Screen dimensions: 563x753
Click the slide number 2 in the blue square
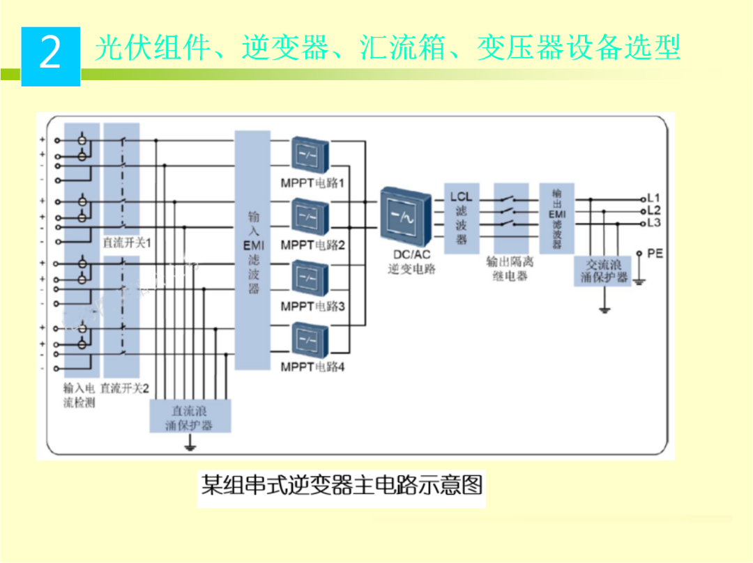pos(50,54)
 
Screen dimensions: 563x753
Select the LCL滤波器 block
pos(461,218)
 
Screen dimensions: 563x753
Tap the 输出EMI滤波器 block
pos(556,218)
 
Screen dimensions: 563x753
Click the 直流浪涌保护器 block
pos(190,417)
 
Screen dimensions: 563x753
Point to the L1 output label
pos(653,197)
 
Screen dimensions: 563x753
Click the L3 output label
pos(653,223)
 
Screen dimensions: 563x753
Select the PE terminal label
pos(654,253)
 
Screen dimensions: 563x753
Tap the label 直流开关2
pos(125,387)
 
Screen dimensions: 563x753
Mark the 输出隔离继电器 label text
pos(510,269)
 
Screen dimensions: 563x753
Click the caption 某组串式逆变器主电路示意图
pos(342,484)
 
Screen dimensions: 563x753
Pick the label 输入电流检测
pos(79,395)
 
